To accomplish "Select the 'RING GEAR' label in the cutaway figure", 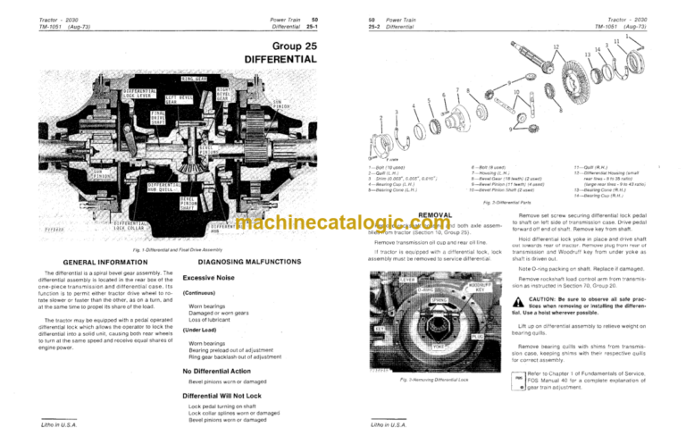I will pyautogui.click(x=207, y=80).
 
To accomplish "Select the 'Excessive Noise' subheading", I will pyautogui.click(x=216, y=278).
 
